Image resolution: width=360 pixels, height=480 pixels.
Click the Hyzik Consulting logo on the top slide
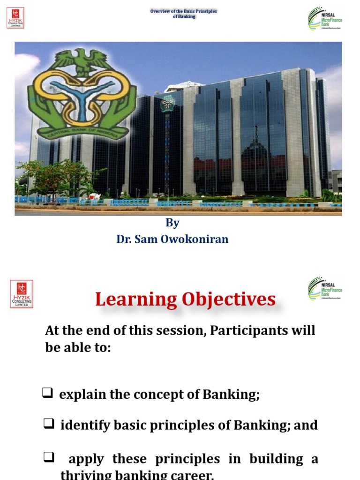[x=15, y=17]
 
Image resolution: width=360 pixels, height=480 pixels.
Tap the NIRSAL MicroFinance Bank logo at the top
[x=324, y=19]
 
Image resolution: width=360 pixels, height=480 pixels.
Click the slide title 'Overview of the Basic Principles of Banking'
[x=183, y=14]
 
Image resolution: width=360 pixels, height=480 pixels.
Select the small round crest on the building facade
[x=167, y=104]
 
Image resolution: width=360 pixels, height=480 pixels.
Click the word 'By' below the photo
[x=172, y=223]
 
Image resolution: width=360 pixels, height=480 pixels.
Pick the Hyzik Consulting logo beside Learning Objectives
[x=22, y=294]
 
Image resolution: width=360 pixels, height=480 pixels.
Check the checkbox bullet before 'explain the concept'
[x=47, y=393]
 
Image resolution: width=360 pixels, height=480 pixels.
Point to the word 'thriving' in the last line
[x=83, y=475]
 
